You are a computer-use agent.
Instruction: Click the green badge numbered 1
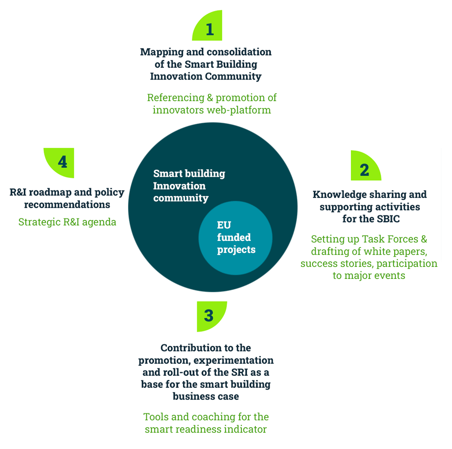(x=209, y=27)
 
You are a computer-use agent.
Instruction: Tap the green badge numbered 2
(x=365, y=167)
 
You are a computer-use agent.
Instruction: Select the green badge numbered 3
(x=211, y=316)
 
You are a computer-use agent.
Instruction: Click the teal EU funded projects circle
(x=236, y=238)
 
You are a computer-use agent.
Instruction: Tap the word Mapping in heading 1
(x=162, y=52)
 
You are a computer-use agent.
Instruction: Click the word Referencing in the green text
(x=176, y=98)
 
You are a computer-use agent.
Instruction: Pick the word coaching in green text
(x=213, y=417)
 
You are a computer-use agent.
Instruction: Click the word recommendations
(x=67, y=205)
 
